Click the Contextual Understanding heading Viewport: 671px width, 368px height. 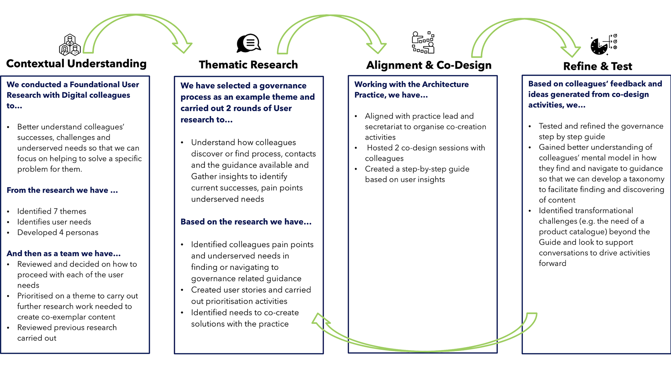pos(76,64)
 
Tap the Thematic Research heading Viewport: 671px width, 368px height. pos(248,65)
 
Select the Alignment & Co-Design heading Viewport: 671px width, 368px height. pos(429,65)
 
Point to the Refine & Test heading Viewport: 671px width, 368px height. pos(598,66)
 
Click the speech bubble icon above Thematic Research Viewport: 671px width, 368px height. pos(248,43)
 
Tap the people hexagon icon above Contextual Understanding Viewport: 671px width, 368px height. pos(70,45)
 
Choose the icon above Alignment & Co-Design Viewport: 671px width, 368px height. pos(423,42)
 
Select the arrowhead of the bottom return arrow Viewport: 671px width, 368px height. pos(320,321)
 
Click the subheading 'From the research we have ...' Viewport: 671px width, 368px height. pos(62,190)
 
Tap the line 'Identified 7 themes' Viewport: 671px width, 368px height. pos(52,211)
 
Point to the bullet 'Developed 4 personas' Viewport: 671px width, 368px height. pos(58,233)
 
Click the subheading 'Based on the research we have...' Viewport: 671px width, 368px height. pos(246,222)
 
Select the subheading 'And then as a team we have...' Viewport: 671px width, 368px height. pos(64,253)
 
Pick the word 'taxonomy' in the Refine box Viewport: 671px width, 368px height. pos(647,179)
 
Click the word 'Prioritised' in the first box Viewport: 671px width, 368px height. pos(36,296)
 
